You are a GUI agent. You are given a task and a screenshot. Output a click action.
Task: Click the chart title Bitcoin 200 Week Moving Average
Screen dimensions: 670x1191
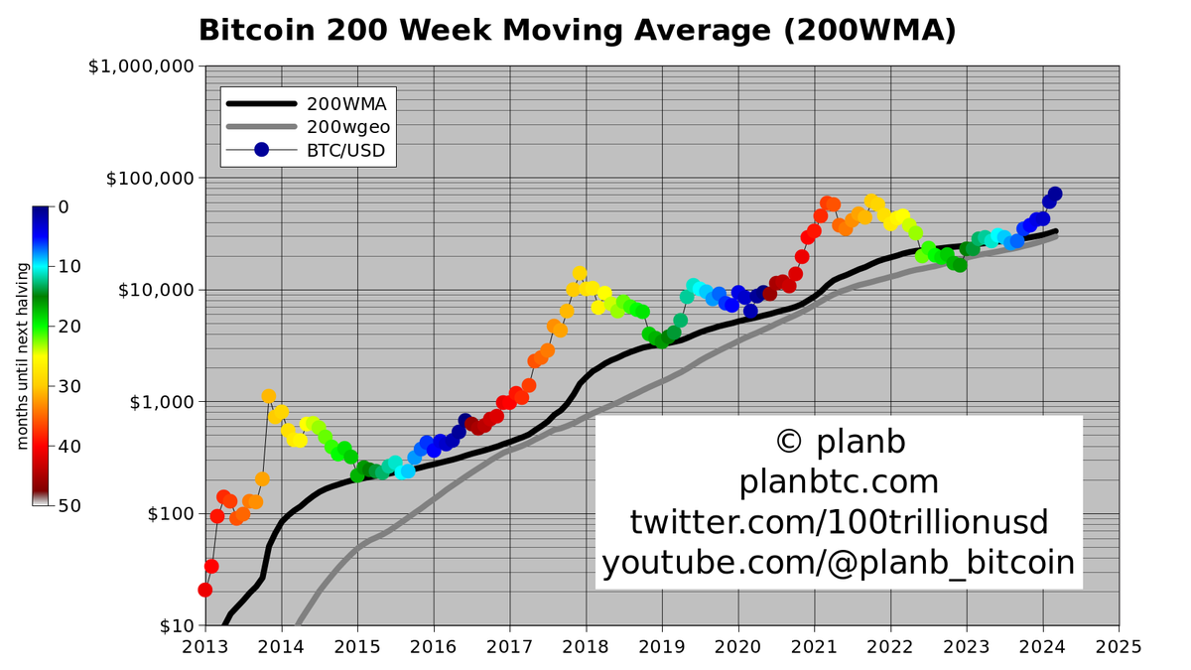(x=578, y=30)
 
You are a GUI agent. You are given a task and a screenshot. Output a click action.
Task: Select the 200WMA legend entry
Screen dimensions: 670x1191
(x=308, y=103)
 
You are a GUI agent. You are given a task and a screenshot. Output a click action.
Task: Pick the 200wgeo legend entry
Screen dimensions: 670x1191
(x=308, y=127)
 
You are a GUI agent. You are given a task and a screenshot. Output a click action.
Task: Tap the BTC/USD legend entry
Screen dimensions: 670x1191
(x=308, y=151)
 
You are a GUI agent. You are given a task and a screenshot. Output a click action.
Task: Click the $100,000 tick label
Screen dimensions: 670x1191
(x=149, y=179)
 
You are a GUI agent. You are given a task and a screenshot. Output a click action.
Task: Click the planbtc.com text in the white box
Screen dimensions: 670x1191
(x=839, y=481)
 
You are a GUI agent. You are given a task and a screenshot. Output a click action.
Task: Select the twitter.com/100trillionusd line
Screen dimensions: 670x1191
(x=839, y=522)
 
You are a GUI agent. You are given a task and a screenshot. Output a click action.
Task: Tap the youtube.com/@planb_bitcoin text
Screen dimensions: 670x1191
(x=839, y=563)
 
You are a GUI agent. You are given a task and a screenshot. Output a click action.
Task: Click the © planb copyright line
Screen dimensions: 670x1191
(x=839, y=441)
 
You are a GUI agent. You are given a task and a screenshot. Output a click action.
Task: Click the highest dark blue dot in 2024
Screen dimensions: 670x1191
(x=1055, y=194)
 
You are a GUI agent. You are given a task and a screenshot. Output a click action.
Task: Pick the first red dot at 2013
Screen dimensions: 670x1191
(x=205, y=590)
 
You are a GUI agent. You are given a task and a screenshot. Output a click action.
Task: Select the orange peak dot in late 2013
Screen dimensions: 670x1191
(x=268, y=396)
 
